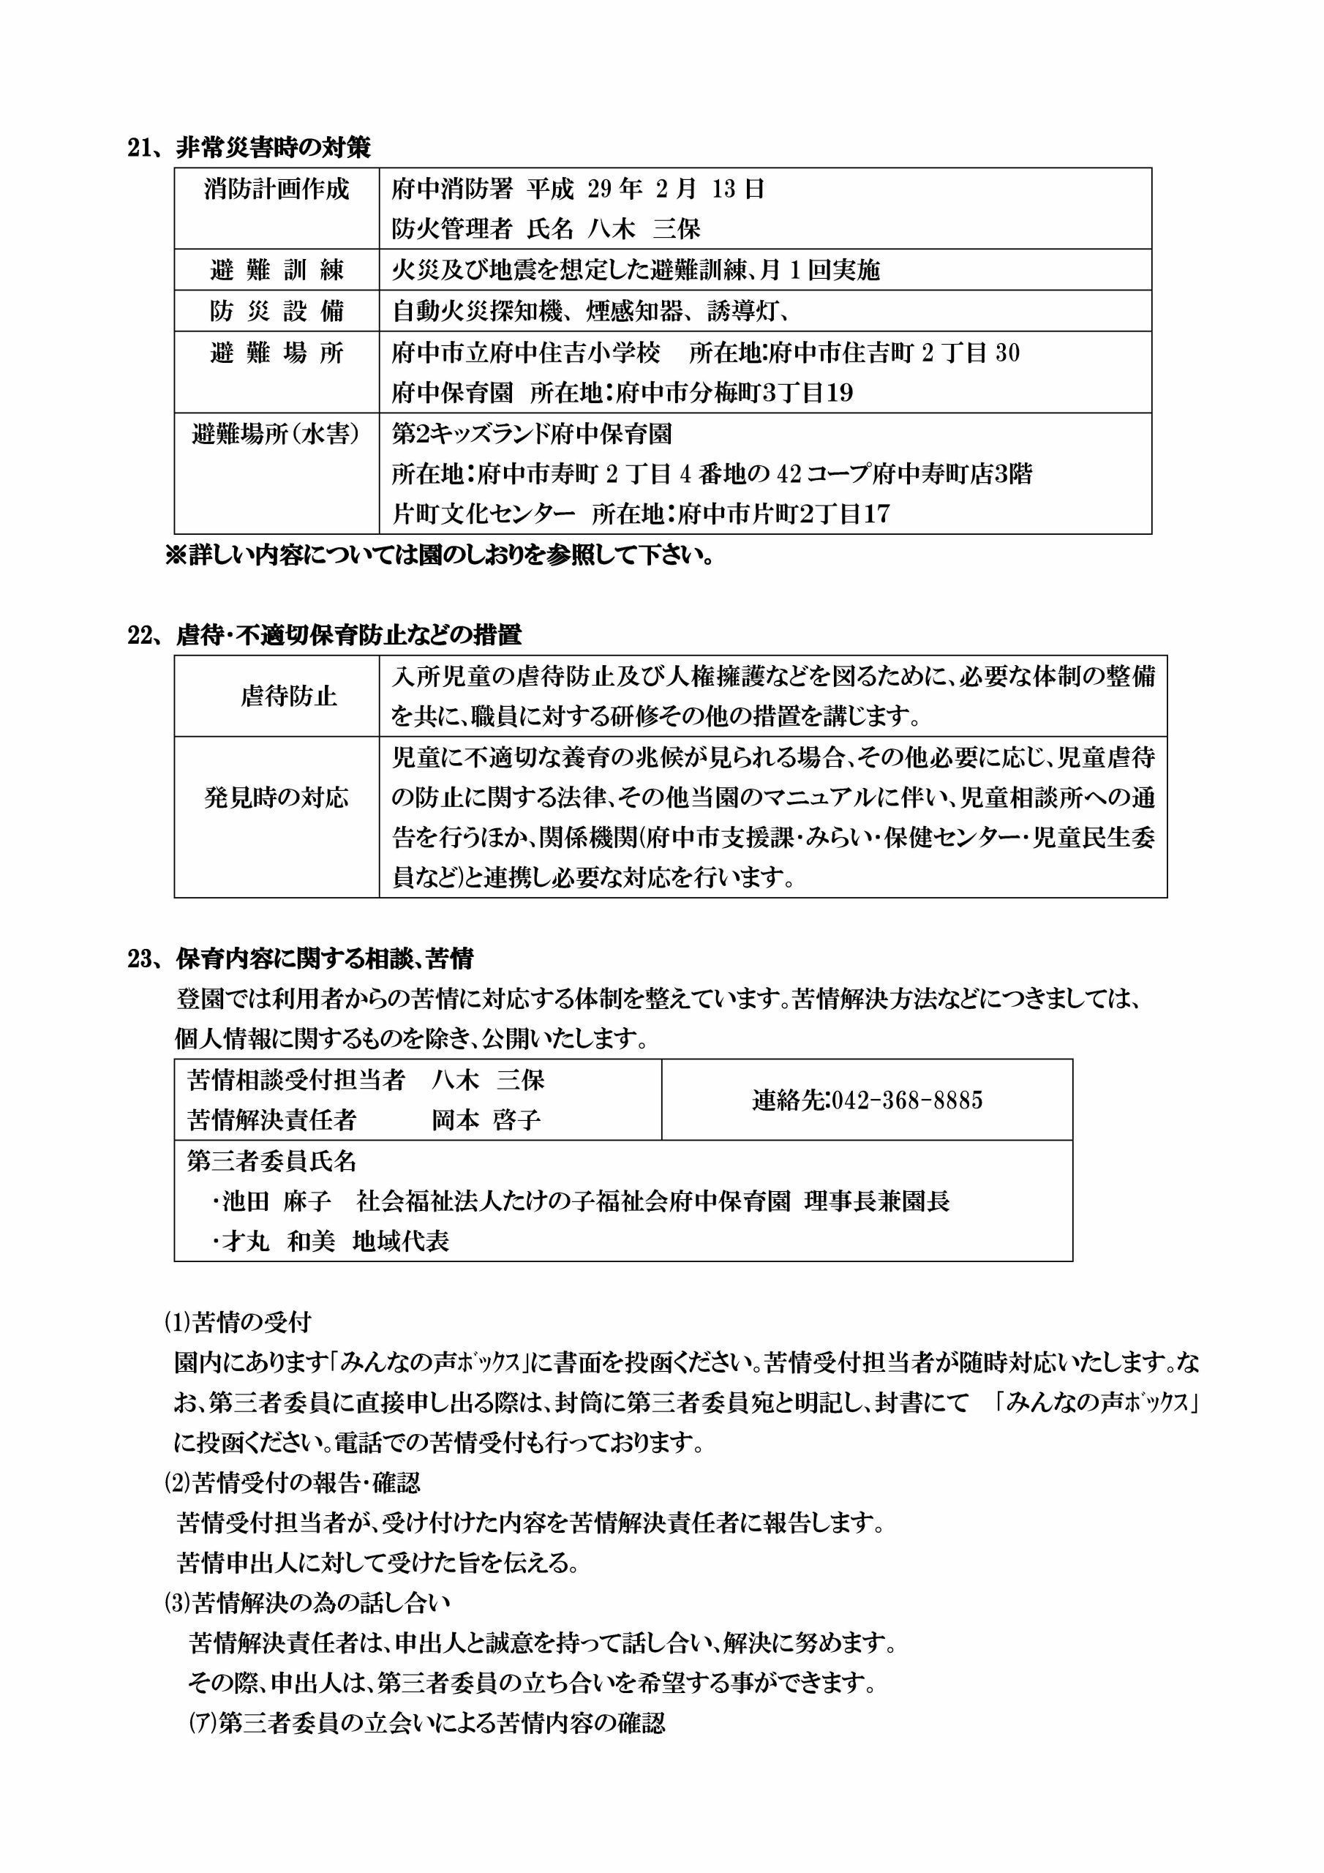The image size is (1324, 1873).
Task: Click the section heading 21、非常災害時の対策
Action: click(249, 148)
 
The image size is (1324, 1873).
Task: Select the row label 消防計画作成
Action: click(277, 189)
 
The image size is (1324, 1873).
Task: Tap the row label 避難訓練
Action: click(277, 270)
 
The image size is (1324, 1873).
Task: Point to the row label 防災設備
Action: click(277, 311)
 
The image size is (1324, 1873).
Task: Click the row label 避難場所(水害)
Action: click(277, 433)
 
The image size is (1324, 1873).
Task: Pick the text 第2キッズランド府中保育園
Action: click(532, 433)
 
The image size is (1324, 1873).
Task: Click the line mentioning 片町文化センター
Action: click(640, 514)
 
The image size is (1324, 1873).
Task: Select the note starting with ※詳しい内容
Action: click(439, 555)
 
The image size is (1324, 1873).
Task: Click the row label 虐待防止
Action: click(289, 696)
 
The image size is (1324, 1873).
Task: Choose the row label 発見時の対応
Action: click(277, 797)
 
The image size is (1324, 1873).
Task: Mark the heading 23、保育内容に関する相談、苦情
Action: click(300, 958)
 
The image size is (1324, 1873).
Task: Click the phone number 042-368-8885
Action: click(867, 1100)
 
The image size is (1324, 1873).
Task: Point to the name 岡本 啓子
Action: click(486, 1120)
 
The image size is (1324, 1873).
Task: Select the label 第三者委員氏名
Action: click(271, 1161)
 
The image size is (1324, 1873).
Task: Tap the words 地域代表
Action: click(401, 1242)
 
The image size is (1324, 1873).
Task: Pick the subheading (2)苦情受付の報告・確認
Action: click(293, 1483)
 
